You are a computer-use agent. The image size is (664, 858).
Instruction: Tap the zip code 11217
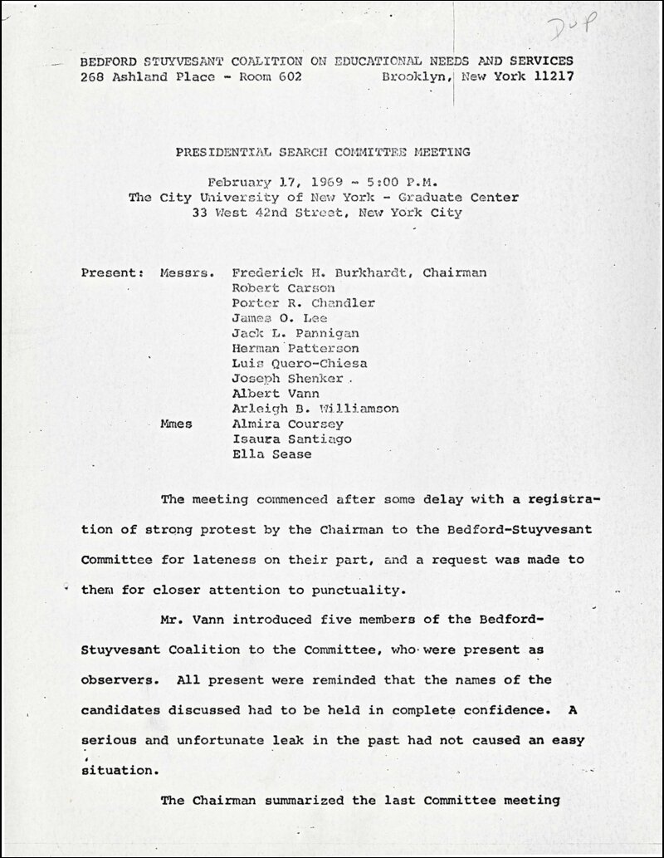[550, 76]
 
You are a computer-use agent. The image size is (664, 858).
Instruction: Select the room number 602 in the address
[281, 76]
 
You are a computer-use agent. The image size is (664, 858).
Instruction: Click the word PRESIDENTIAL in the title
[221, 152]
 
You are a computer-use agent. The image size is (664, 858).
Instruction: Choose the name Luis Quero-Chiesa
[300, 363]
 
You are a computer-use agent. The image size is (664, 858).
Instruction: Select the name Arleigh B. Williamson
[315, 409]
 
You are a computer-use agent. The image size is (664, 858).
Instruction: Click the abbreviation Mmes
[175, 424]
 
